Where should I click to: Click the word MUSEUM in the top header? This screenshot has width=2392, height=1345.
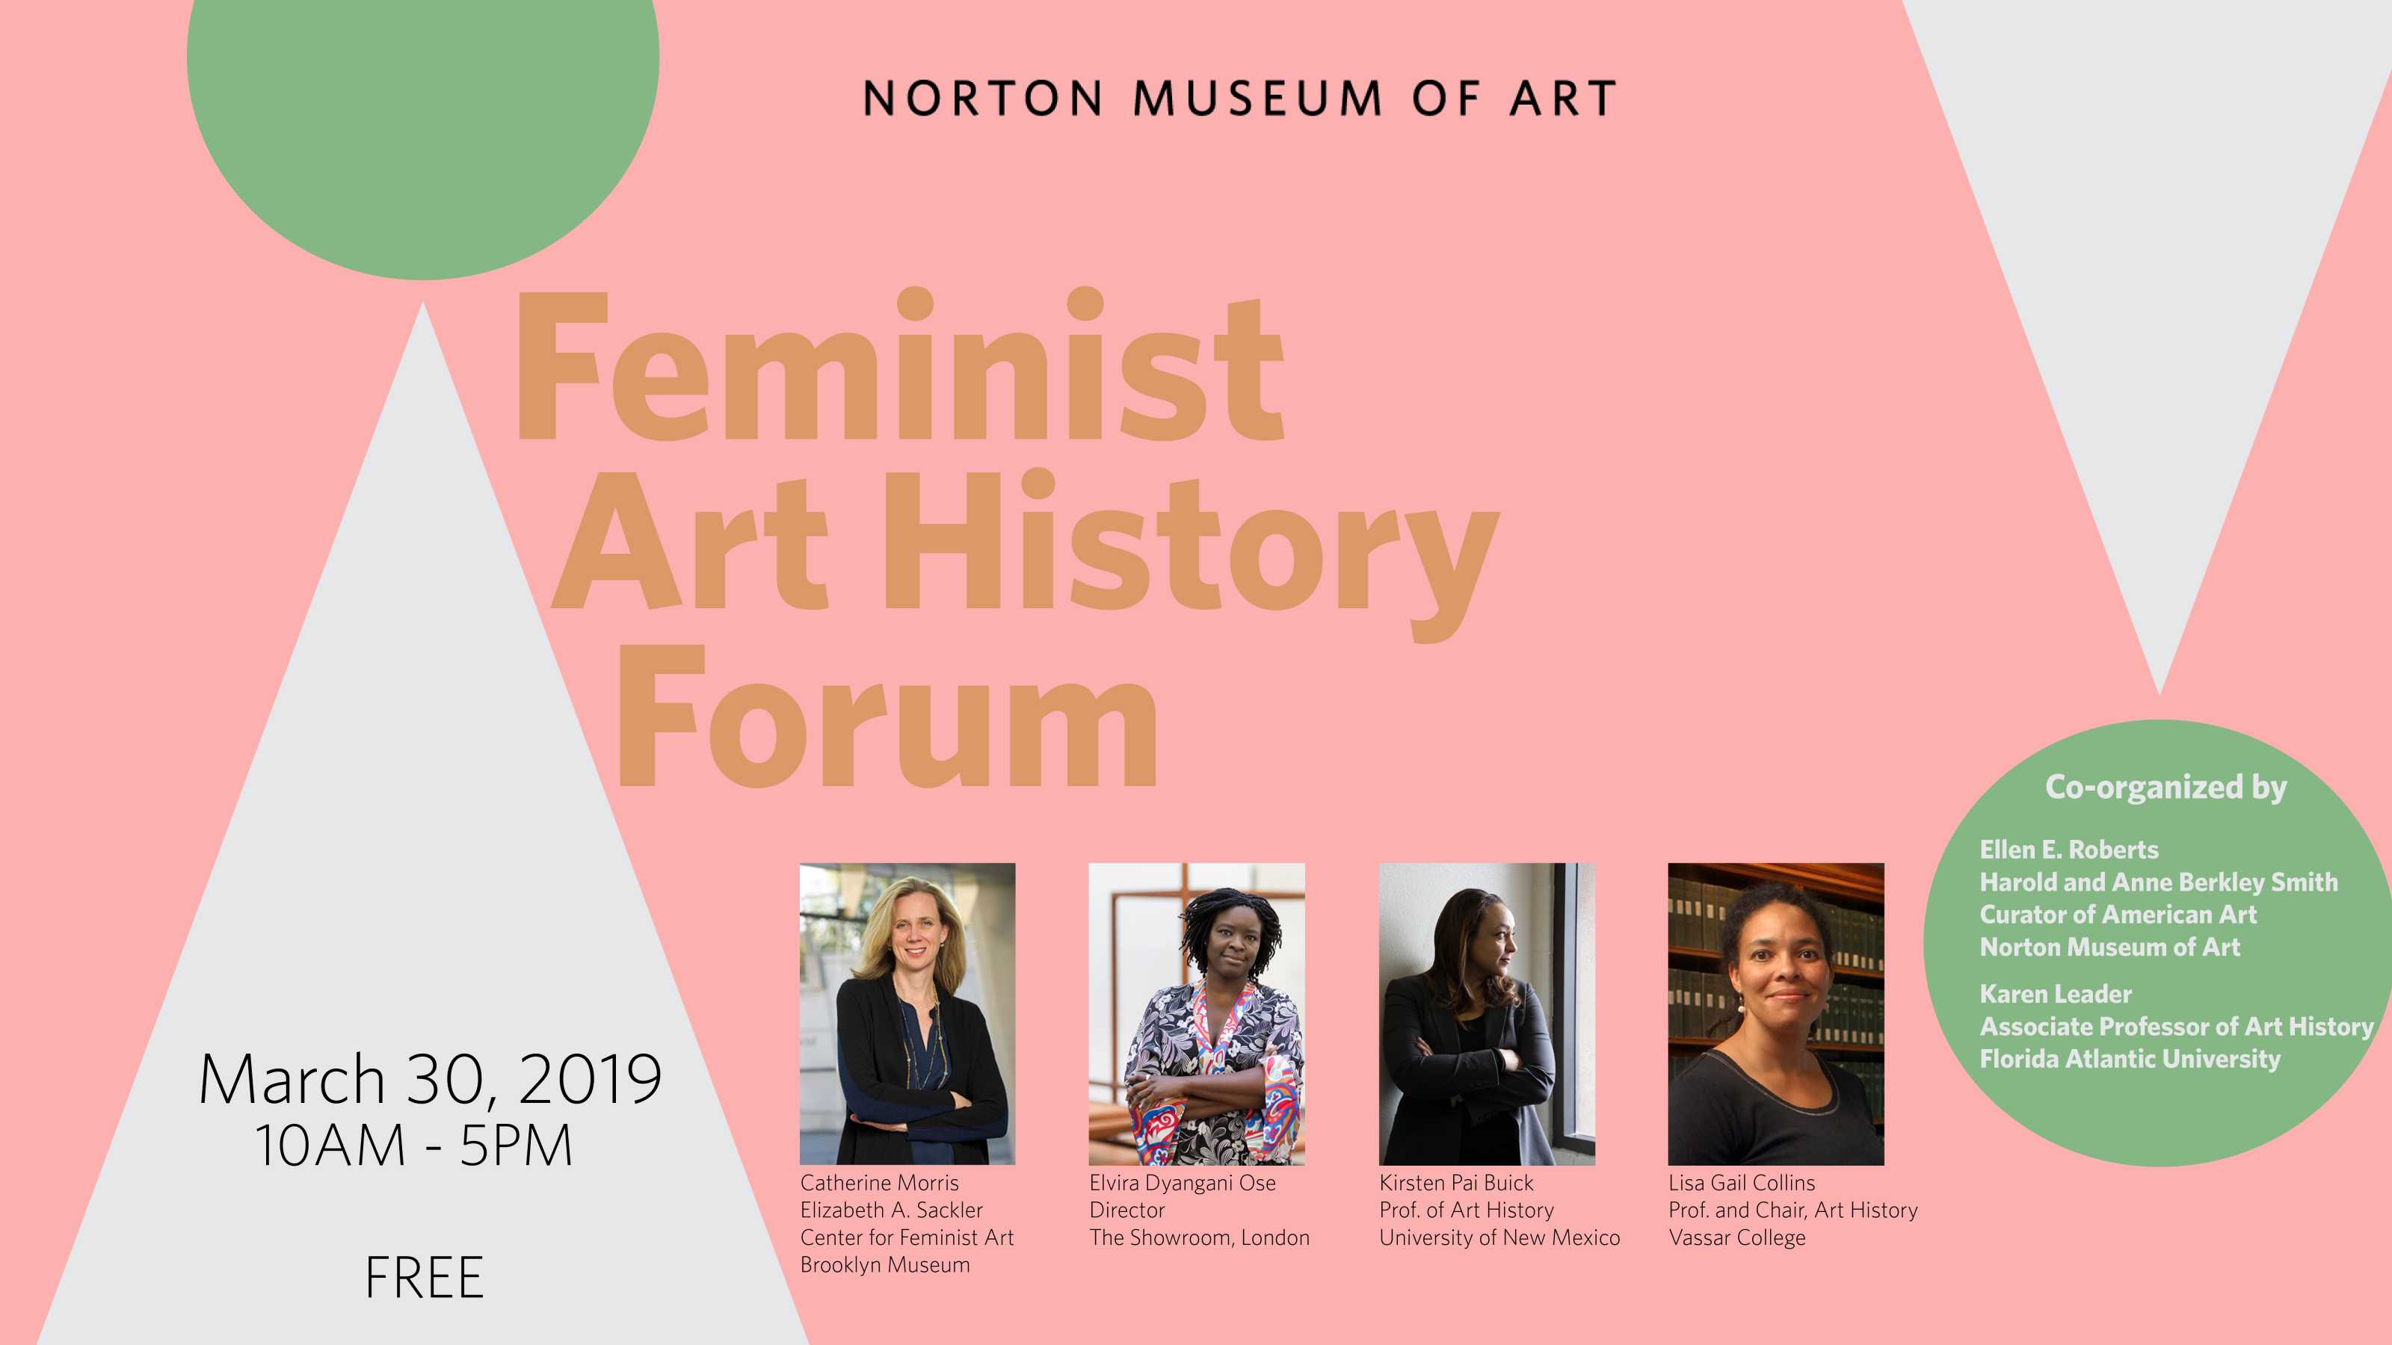tap(1257, 99)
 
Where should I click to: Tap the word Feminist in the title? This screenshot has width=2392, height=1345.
tap(898, 365)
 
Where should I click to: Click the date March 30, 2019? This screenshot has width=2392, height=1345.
tap(430, 1080)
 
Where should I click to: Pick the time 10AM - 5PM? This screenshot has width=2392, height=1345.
tap(414, 1145)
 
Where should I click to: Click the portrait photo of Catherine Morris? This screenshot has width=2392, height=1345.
tap(907, 1014)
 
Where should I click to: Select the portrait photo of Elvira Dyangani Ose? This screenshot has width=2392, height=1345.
tap(1197, 1014)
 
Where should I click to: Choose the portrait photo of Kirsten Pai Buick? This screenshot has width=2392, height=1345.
tap(1487, 1014)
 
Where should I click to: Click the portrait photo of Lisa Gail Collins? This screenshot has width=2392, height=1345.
tap(1776, 1014)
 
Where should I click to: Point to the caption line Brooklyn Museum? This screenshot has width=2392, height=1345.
tap(885, 1264)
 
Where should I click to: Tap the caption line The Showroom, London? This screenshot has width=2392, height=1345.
tap(1200, 1237)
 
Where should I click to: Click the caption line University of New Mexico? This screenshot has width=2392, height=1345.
tap(1499, 1237)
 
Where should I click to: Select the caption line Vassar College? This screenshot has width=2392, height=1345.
tap(1737, 1238)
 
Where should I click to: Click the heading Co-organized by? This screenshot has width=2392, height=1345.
tap(2166, 787)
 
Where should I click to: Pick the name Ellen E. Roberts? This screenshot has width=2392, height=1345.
tap(2069, 850)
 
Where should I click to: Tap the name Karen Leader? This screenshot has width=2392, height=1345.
tap(2056, 994)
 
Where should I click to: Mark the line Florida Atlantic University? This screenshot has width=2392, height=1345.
tap(2130, 1059)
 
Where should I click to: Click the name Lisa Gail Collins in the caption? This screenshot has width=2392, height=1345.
tap(1742, 1183)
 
